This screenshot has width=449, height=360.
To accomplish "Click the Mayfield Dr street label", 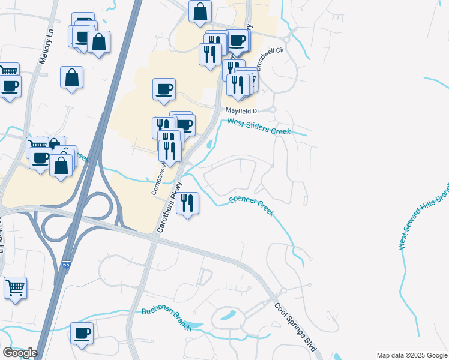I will click(242, 111).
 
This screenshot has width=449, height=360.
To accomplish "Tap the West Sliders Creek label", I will click(259, 127).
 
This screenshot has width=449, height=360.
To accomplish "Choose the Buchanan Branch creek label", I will click(166, 319).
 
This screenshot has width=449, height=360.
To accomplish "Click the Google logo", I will click(20, 353).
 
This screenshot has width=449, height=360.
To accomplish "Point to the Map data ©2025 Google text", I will click(412, 355).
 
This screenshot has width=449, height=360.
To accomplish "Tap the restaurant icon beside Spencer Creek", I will click(188, 203).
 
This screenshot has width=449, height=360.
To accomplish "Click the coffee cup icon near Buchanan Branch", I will click(82, 333).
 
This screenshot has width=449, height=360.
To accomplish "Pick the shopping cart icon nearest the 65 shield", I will click(15, 286).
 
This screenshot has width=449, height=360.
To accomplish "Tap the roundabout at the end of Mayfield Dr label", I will click(272, 110).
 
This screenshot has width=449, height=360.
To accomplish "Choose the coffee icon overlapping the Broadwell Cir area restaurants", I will click(238, 40).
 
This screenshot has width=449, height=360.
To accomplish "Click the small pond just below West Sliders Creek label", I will click(209, 145).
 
